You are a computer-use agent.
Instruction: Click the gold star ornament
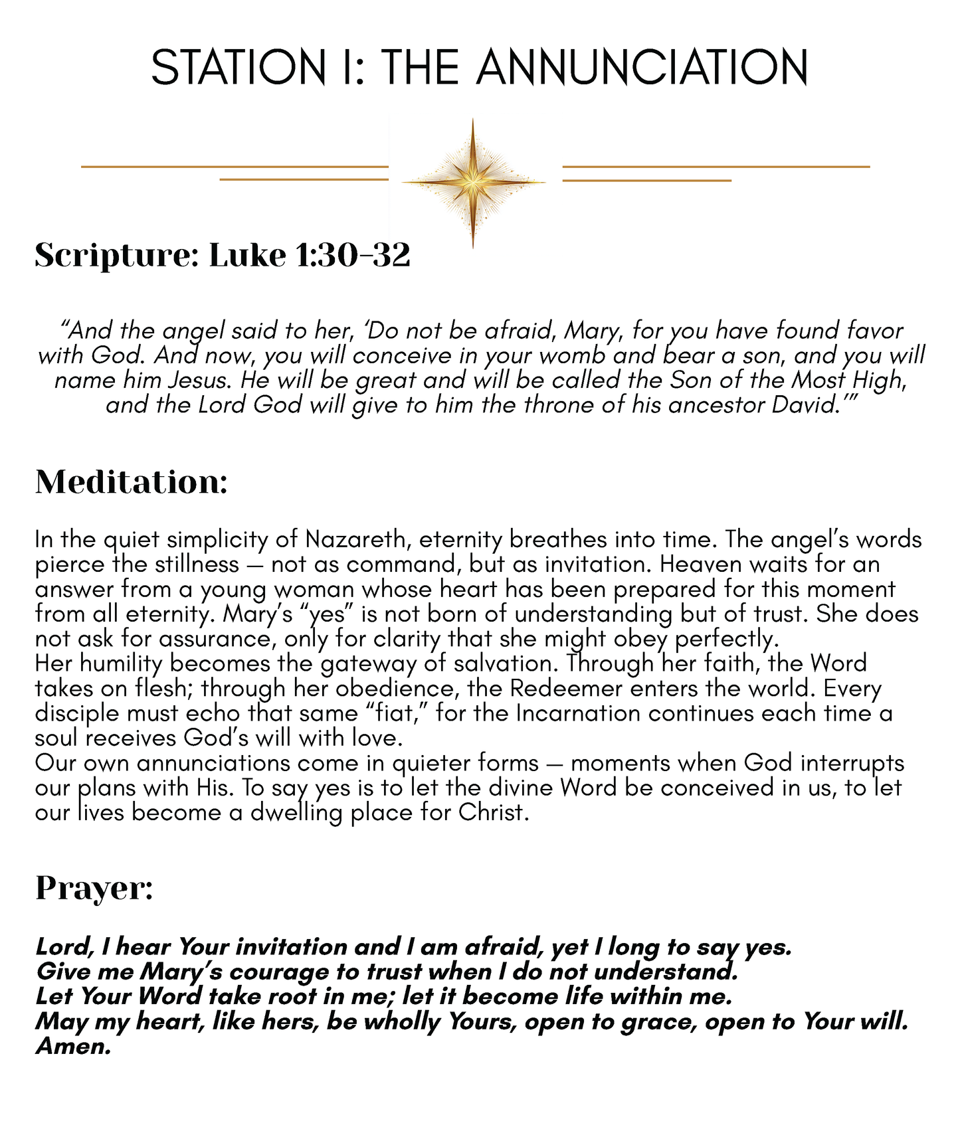tap(473, 181)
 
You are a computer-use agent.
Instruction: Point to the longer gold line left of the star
tap(234, 167)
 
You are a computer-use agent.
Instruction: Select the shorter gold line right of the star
tap(646, 180)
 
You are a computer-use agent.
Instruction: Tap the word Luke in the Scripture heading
tap(248, 256)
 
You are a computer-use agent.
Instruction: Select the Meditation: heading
tap(131, 482)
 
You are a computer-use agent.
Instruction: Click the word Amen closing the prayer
tap(72, 1047)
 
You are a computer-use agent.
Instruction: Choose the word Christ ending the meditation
tap(493, 813)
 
